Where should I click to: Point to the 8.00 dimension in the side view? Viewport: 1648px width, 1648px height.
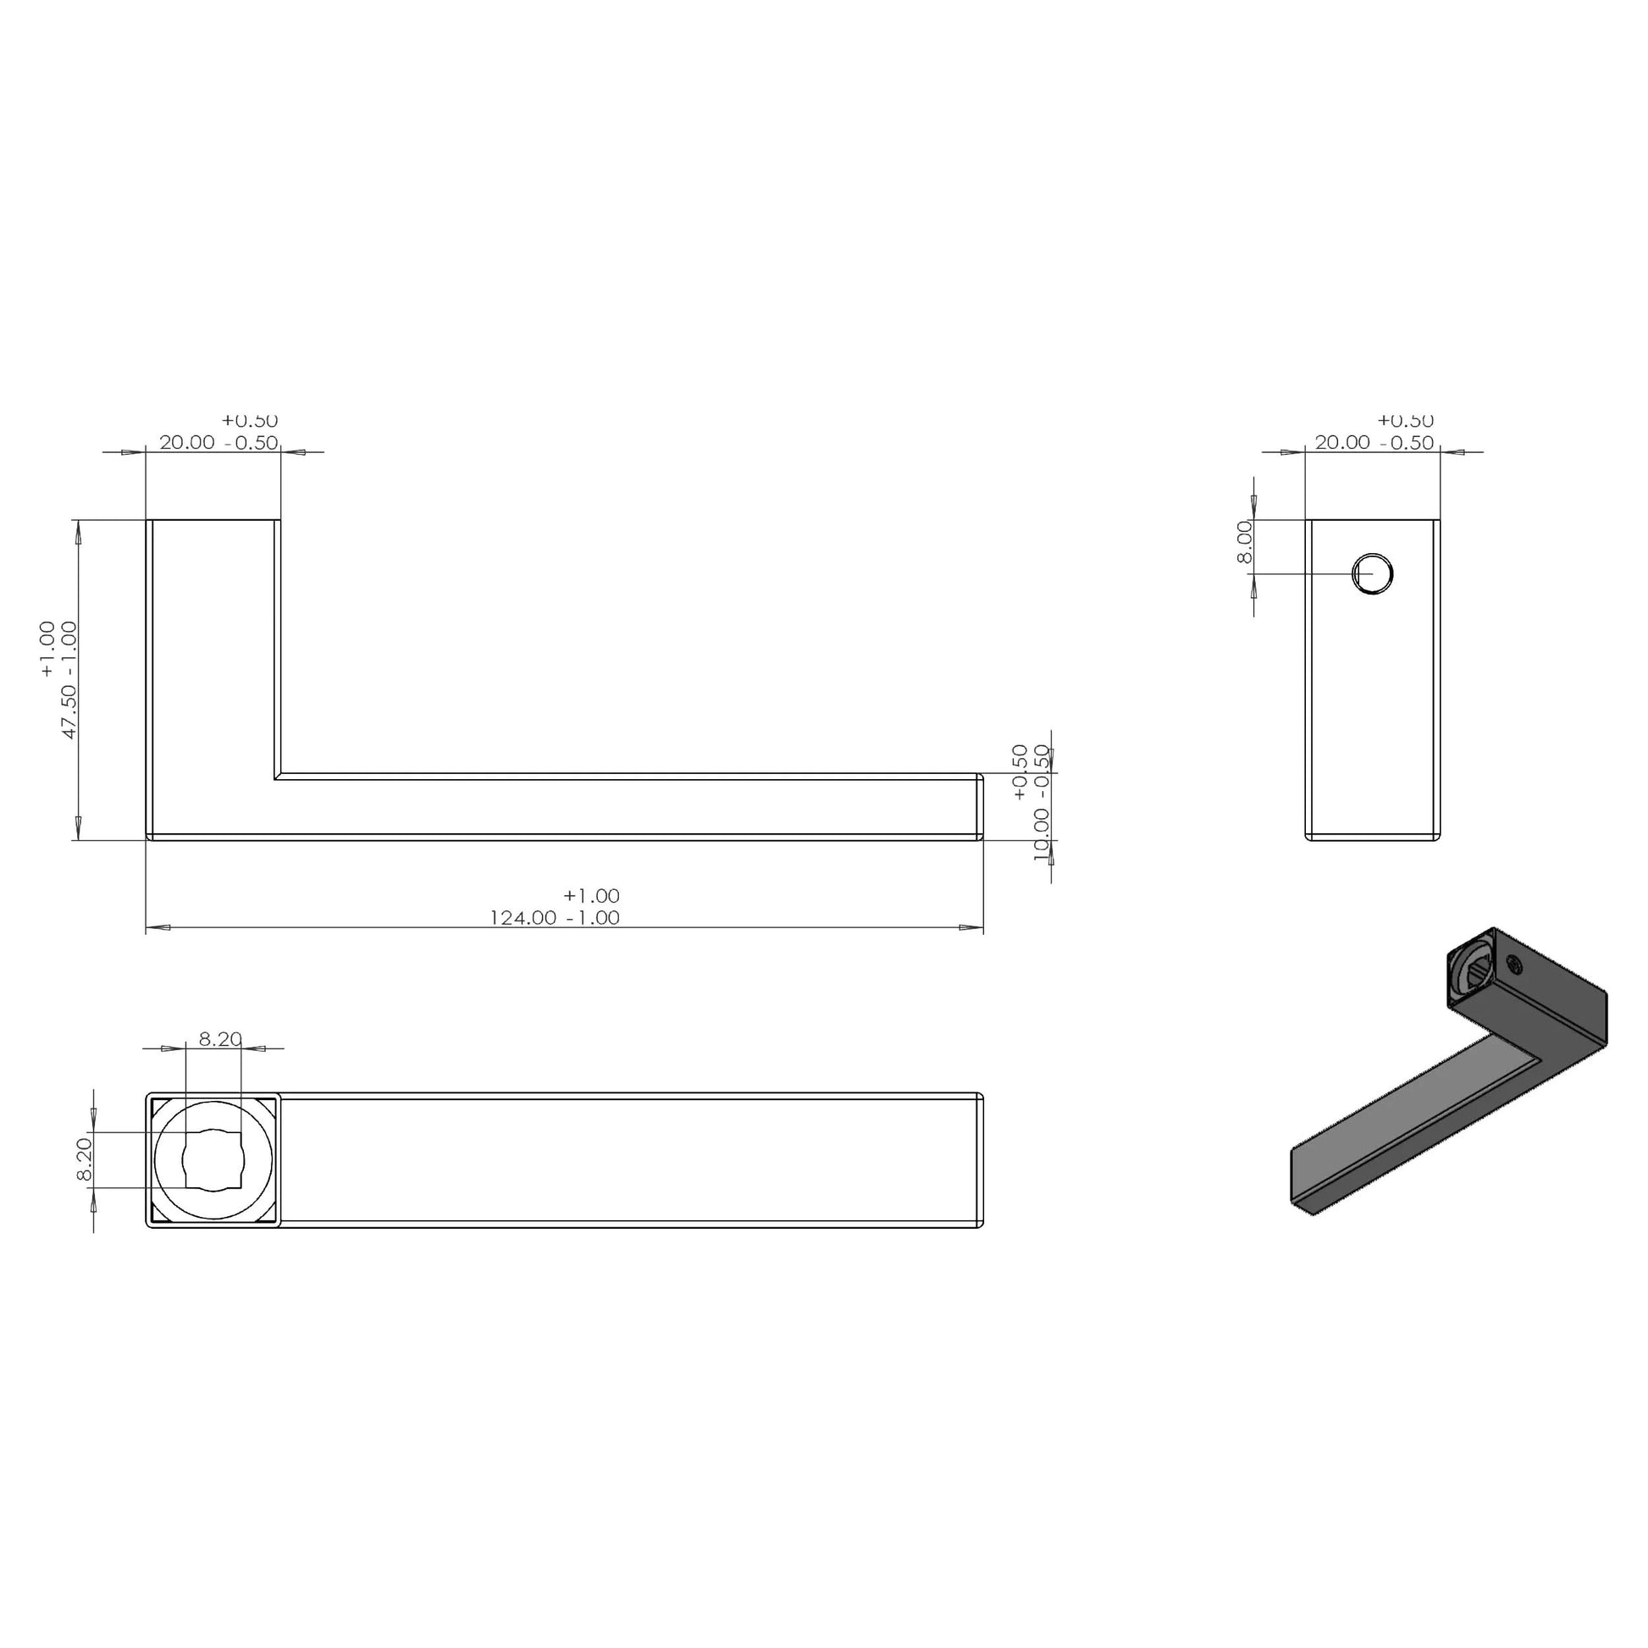1245,542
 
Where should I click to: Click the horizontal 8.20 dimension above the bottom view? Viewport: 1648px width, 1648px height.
220,1039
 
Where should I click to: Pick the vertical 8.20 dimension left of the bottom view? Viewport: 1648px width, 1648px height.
84,1160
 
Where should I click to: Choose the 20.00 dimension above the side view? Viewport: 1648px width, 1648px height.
1342,443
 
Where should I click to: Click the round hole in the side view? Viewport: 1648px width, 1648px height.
1373,572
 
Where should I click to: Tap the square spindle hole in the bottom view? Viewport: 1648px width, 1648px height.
213,1160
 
